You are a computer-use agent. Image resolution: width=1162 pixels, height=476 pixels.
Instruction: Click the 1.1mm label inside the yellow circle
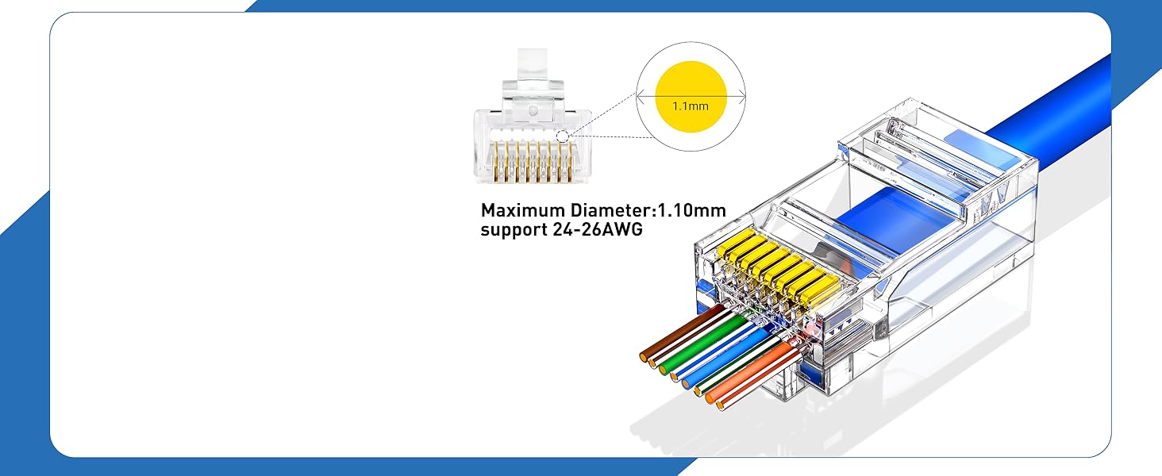(690, 105)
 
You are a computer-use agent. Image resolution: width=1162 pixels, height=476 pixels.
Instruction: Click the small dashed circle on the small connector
(563, 136)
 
